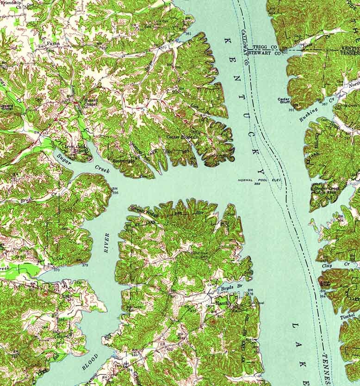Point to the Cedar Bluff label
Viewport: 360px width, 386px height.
(x=283, y=100)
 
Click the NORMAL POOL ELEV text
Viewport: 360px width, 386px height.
(x=256, y=179)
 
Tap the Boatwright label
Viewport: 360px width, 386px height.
(x=122, y=160)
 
